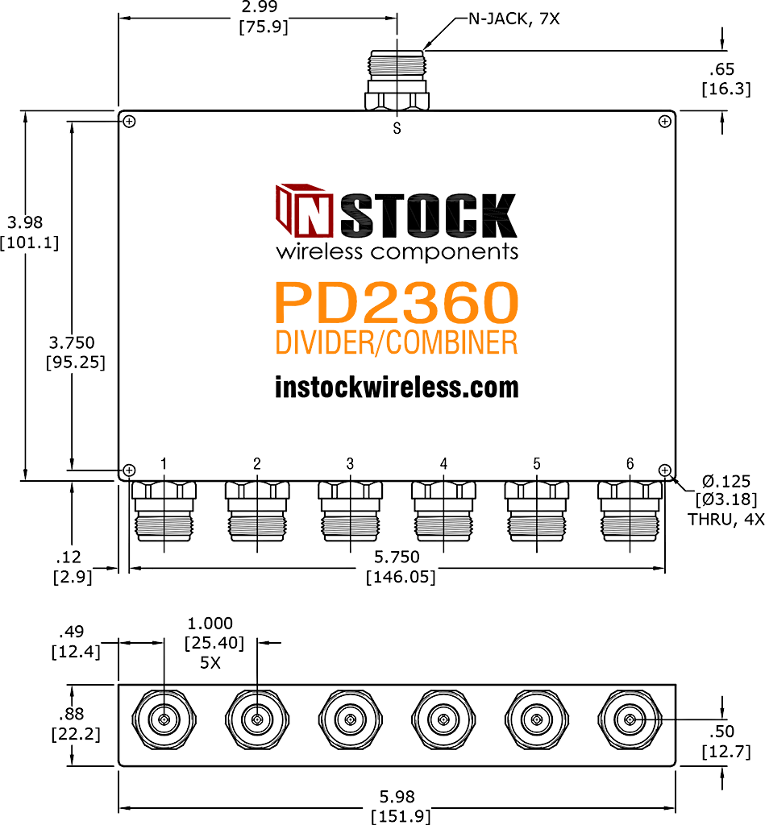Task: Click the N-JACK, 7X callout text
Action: pos(513,19)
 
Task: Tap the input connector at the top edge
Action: pos(397,80)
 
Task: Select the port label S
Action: pos(397,128)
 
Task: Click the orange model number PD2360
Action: pos(397,303)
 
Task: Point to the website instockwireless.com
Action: pos(397,388)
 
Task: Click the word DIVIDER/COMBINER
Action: pos(397,342)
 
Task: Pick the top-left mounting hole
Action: pos(129,122)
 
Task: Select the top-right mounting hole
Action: pos(665,122)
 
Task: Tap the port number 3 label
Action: pos(350,463)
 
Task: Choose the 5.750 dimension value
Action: pos(397,557)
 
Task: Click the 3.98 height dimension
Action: pos(25,222)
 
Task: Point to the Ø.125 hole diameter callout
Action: pos(726,482)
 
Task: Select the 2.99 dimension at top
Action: pos(260,7)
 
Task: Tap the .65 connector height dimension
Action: pos(721,69)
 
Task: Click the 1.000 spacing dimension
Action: pos(210,624)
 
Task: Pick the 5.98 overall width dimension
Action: pos(397,797)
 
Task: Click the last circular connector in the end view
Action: pos(630,719)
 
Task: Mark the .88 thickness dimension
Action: pos(72,714)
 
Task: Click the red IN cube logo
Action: pos(304,210)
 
